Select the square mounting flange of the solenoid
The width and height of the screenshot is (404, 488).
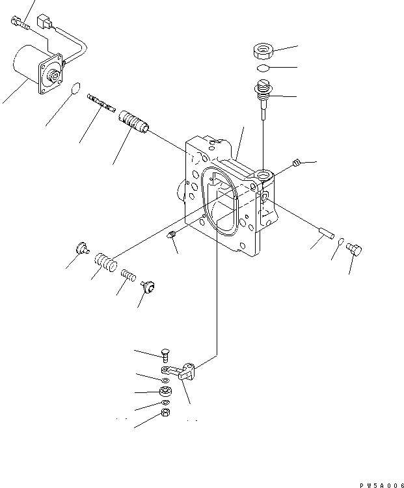pyautogui.click(x=51, y=74)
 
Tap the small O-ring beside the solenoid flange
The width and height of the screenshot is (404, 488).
pyautogui.click(x=77, y=88)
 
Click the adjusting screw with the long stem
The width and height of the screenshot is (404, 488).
pyautogui.click(x=262, y=94)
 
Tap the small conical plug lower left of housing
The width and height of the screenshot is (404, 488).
pyautogui.click(x=172, y=236)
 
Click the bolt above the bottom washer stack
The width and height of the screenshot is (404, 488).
pyautogui.click(x=165, y=355)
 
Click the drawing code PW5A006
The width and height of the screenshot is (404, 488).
pyautogui.click(x=371, y=481)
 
